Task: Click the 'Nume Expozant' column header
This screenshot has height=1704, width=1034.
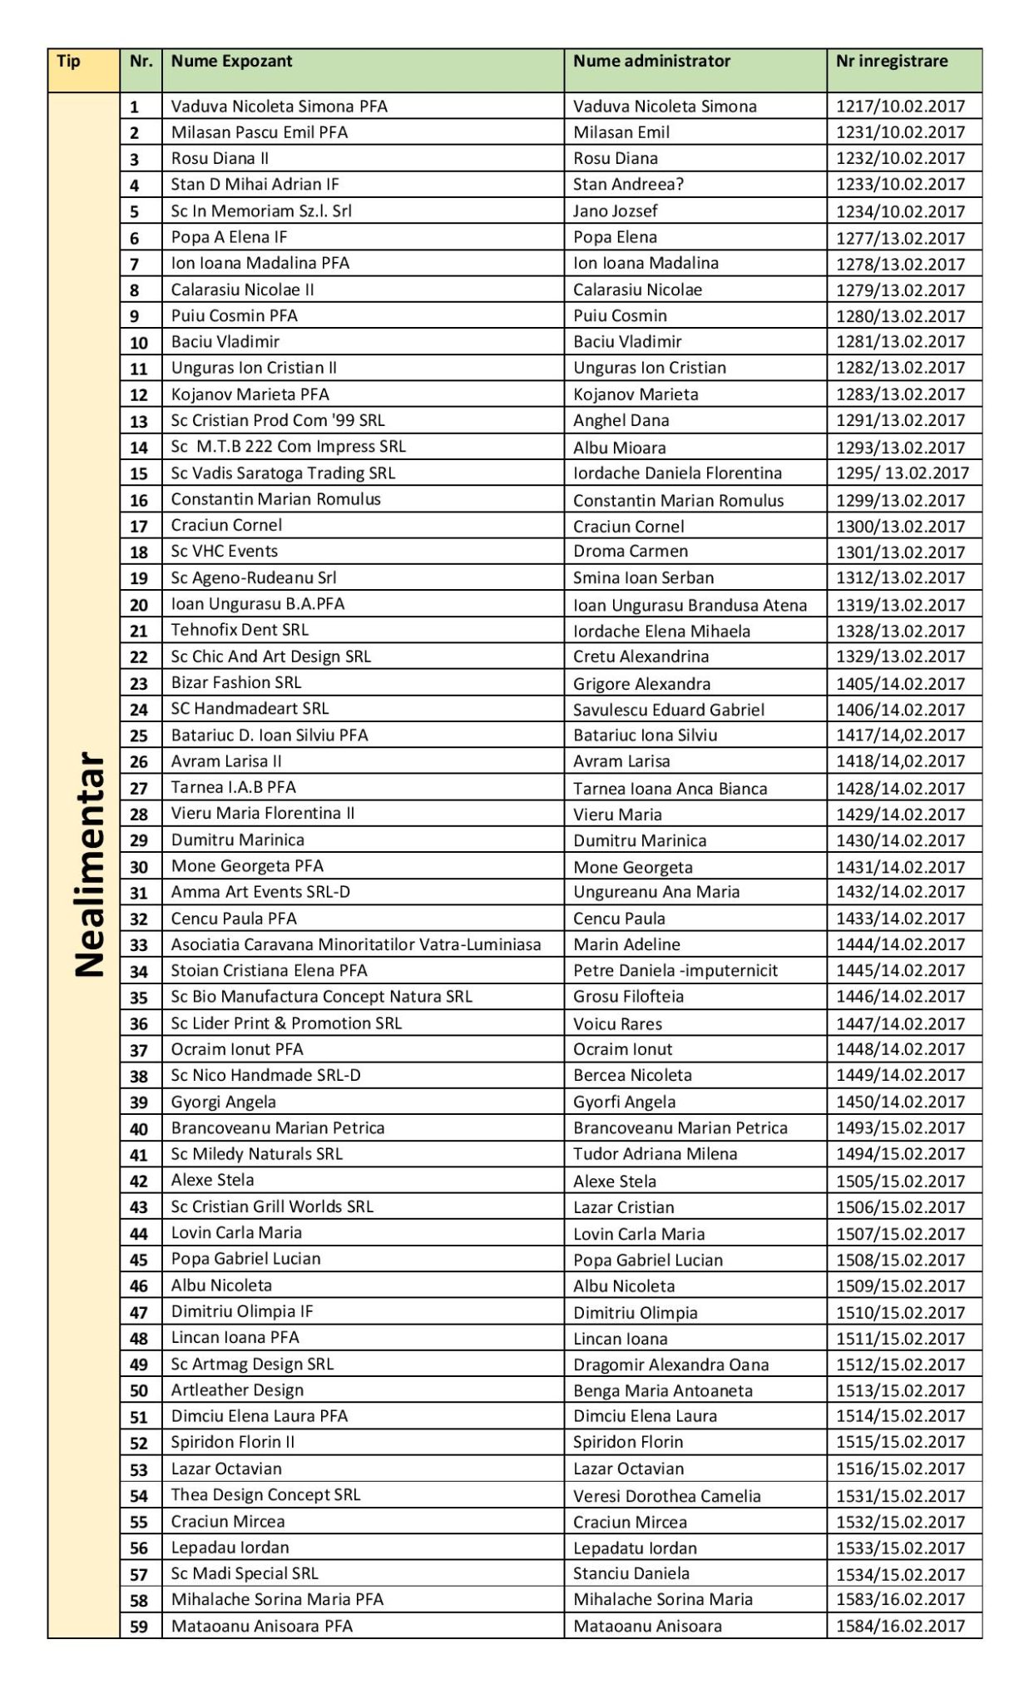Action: [x=232, y=61]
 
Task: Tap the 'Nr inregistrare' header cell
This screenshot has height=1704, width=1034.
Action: [x=892, y=61]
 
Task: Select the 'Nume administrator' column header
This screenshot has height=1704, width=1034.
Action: [x=651, y=61]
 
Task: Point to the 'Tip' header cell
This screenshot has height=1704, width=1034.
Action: [x=69, y=61]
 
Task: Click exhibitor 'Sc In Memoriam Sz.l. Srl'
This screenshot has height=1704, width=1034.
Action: [x=261, y=211]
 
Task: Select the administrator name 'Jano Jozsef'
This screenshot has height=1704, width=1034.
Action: [x=616, y=211]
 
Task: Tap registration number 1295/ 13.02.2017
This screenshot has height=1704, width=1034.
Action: [x=902, y=473]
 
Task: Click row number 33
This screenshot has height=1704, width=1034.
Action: [x=139, y=945]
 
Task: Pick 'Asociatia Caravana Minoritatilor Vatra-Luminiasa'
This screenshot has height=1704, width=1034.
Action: [x=356, y=944]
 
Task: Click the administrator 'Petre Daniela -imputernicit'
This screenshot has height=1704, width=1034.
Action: [x=675, y=970]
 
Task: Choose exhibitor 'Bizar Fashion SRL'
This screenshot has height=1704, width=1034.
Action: [x=236, y=682]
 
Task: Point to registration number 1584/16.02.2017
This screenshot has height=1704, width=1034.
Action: [x=900, y=1626]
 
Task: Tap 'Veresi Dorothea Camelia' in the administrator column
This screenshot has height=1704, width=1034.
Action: [x=666, y=1496]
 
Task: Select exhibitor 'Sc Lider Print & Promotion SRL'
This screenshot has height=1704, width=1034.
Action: [x=286, y=1023]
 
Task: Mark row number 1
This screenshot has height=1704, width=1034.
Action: [x=135, y=106]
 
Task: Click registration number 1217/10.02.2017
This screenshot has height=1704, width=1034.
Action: [x=900, y=106]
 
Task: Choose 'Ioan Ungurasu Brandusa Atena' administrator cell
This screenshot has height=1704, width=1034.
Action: [x=690, y=605]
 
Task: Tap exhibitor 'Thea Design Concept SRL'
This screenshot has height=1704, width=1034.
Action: [x=265, y=1494]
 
